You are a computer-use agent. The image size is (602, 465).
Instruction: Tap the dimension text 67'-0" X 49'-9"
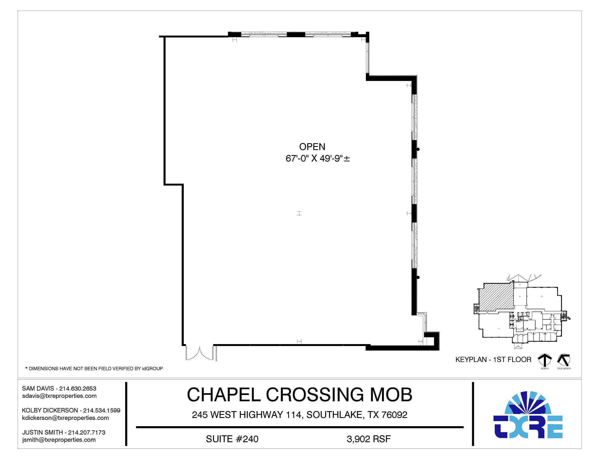point(318,158)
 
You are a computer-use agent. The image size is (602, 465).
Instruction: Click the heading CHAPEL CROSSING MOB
point(300,395)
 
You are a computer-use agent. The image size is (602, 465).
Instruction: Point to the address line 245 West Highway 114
point(300,415)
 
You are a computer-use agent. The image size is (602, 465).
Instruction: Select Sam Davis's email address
point(59,396)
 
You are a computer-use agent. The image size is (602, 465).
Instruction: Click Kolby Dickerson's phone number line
point(71,410)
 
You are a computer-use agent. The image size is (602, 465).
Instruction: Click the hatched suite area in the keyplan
point(496,298)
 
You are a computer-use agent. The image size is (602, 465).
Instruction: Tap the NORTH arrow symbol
point(545,360)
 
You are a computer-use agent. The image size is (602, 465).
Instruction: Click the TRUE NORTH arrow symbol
point(564,359)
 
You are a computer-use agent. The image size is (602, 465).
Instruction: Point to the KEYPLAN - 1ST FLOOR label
point(493,359)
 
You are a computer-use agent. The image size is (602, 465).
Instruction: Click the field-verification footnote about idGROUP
point(94,369)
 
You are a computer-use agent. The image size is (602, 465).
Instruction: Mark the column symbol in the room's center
point(299,213)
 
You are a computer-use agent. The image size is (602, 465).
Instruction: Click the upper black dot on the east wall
point(418,149)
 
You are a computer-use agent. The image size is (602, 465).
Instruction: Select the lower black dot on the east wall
point(418,277)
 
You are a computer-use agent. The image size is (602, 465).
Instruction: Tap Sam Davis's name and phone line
point(59,389)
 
